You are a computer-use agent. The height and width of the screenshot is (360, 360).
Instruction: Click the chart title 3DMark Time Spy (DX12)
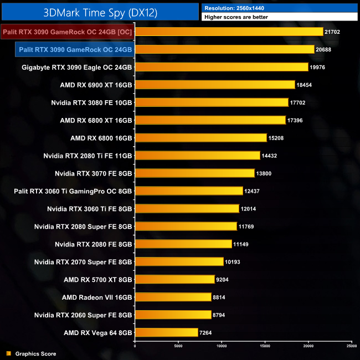100,11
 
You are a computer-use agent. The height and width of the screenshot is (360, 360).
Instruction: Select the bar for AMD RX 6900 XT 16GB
215,85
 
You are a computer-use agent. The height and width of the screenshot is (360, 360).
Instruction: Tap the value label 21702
333,32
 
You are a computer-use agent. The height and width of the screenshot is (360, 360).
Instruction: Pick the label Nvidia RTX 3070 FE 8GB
89,173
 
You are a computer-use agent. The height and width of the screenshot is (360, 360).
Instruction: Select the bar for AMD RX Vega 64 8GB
166,333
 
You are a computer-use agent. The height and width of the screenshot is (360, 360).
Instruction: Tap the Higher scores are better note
237,18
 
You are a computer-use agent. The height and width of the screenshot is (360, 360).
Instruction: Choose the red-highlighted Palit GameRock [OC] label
67,32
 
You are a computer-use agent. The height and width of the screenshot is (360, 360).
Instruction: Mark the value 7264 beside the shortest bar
208,333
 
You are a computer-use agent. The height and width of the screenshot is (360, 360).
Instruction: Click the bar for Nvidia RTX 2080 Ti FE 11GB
197,156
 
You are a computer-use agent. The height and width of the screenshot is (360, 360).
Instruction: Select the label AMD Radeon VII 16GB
97,297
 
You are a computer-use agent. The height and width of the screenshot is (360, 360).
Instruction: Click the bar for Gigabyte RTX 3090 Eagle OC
222,67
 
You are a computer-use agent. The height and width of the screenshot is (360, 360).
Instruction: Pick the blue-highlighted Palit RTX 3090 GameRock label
74,49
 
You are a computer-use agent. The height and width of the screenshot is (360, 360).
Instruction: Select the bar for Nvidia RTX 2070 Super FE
179,262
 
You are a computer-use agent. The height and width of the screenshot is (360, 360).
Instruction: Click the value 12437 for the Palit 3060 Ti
253,191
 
